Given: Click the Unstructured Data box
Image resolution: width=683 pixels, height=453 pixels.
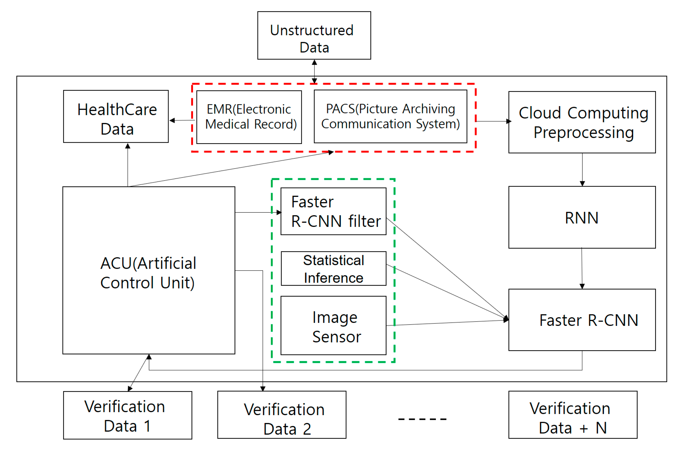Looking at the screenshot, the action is coord(314,35).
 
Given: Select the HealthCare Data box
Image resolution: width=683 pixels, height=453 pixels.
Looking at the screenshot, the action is coord(116,116).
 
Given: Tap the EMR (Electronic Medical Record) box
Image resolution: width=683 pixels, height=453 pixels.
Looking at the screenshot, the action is coord(249,117).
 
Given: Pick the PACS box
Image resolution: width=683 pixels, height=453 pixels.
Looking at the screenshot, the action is coord(391,116).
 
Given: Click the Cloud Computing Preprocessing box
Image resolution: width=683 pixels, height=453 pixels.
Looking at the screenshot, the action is coord(582,122).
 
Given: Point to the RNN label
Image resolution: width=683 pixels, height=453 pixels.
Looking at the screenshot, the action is coord(582,218).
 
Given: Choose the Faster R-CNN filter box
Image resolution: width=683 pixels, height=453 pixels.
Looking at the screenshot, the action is coord(333,211).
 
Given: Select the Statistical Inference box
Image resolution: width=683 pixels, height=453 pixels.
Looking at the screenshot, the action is coord(333,268).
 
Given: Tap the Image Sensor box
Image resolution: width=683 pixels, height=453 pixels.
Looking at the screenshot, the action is coord(333,326).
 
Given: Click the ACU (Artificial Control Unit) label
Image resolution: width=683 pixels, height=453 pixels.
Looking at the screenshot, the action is coord(148,273).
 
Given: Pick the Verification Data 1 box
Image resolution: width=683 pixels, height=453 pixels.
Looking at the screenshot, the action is coord(128,415).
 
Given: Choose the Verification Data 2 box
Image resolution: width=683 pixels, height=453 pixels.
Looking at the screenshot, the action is coord(282,415).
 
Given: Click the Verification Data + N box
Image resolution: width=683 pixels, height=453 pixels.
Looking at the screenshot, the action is coord(573,415).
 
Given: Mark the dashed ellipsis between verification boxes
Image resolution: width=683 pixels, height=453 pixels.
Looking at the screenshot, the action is coord(422,419).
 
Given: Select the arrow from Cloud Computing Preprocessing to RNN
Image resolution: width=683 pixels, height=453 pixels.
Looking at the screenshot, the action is coord(582,170).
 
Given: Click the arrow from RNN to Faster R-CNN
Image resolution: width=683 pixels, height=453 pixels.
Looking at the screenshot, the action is coord(582,268).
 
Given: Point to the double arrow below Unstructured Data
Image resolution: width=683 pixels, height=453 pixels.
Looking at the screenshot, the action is coord(314,72).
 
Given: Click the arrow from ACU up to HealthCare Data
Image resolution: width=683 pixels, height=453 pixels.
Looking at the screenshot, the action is coord(128,165).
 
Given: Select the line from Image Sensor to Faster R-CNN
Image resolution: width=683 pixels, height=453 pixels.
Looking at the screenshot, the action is coord(448,323).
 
